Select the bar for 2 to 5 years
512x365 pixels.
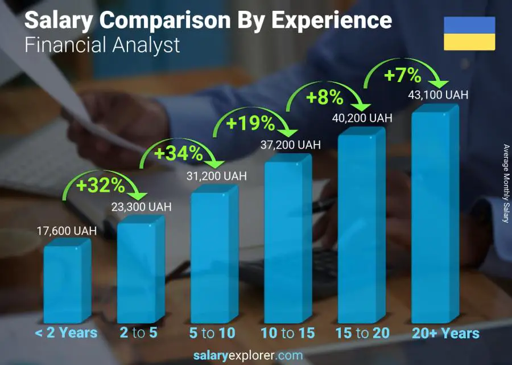tap(139, 272)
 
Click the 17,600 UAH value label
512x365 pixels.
tap(67, 231)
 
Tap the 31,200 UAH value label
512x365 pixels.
tap(216, 177)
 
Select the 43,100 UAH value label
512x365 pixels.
tap(438, 95)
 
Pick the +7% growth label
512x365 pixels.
tap(402, 75)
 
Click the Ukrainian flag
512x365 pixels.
tap(469, 34)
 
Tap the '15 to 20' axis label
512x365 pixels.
tap(362, 333)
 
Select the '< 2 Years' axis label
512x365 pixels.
tap(66, 333)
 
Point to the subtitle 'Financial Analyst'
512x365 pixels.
tap(102, 45)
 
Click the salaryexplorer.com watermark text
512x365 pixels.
tap(247, 356)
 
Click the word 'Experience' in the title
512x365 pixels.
tap(331, 20)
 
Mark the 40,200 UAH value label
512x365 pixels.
tap(362, 118)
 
